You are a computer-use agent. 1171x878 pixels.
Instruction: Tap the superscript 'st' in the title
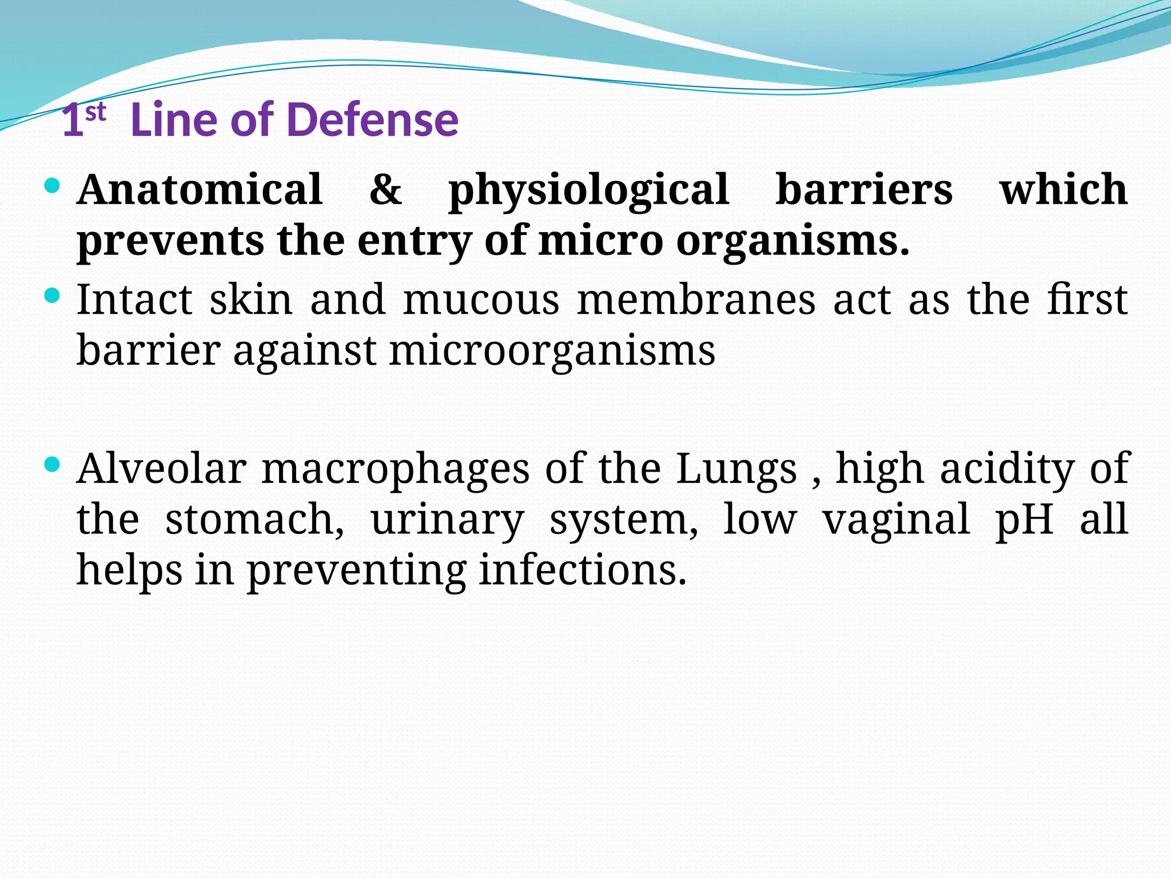click(x=95, y=113)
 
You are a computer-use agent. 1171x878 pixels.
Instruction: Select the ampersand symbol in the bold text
click(x=385, y=189)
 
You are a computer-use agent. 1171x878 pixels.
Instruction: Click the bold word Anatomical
click(x=200, y=189)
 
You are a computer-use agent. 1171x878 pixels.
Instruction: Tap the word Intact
click(x=135, y=300)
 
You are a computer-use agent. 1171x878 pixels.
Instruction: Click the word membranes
click(x=696, y=300)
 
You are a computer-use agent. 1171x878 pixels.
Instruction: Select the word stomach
click(x=255, y=519)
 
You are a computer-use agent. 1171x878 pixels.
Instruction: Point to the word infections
click(x=582, y=570)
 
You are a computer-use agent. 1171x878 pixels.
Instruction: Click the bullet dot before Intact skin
click(x=52, y=296)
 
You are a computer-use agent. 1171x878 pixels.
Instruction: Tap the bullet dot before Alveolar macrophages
click(x=52, y=464)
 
